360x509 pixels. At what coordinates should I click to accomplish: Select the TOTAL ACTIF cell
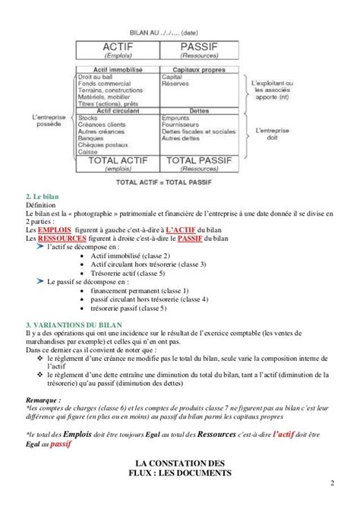(118, 161)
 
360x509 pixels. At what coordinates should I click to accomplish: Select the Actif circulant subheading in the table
(114, 111)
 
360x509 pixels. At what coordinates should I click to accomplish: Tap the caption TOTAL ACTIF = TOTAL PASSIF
(159, 183)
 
